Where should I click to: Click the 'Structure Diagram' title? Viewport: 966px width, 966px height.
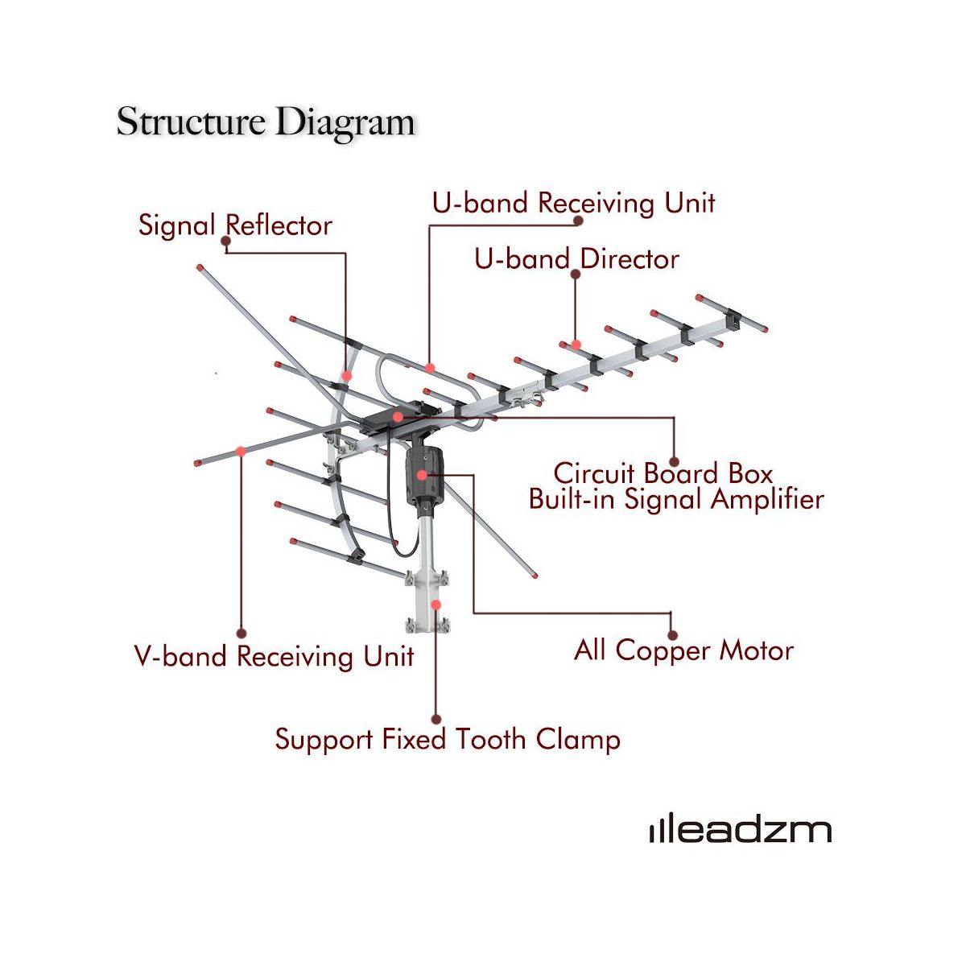[x=266, y=122]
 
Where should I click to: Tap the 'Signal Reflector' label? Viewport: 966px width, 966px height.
[x=235, y=225]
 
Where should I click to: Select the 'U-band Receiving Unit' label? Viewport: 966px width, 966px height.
[x=573, y=203]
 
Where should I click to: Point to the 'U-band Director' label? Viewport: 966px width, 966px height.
[x=576, y=259]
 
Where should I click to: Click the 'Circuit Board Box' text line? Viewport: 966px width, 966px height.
[x=663, y=473]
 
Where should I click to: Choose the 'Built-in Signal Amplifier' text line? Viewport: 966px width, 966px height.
[x=676, y=499]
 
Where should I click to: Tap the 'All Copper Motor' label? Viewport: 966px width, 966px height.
[x=683, y=650]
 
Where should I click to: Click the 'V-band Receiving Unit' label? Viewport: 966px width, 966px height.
[x=274, y=656]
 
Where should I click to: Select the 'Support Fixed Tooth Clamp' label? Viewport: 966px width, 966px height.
[x=448, y=739]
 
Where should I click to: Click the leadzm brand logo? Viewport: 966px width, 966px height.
[x=741, y=831]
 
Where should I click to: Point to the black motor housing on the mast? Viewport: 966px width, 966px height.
[x=424, y=475]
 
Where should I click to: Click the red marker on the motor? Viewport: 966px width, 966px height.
[x=422, y=476]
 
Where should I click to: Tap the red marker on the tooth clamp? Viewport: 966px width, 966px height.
[x=436, y=604]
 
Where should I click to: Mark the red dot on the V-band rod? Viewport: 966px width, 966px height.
[x=241, y=452]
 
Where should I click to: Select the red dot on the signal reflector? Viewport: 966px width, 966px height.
[x=346, y=376]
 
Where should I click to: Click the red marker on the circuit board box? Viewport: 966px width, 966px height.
[x=398, y=417]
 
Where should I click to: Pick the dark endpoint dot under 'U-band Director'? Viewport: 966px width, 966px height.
[x=575, y=274]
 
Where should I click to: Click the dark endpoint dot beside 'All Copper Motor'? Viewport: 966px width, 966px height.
[x=672, y=635]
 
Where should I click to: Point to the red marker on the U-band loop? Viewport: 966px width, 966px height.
[x=431, y=369]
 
